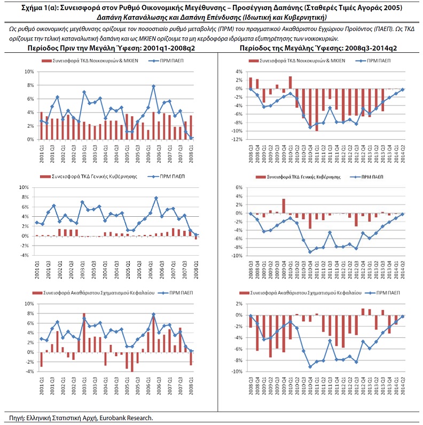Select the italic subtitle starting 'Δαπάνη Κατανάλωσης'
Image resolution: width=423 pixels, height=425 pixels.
211,17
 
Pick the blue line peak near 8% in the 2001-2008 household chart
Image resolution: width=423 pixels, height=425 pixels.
153,86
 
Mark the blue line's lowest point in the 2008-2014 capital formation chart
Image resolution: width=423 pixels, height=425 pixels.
310,367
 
